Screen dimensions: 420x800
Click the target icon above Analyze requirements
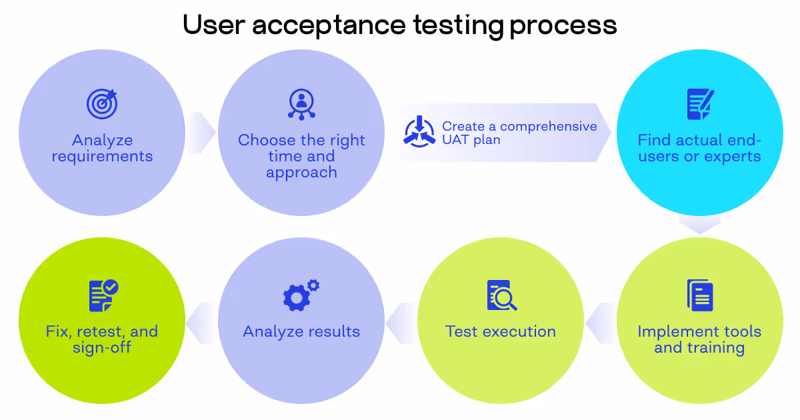(102, 104)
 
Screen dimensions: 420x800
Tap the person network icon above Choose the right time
(301, 104)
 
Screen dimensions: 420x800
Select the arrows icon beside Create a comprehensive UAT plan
(419, 131)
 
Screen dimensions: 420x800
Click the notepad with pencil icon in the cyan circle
(700, 104)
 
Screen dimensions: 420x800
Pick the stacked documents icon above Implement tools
(700, 295)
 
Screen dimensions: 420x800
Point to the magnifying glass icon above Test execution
(501, 295)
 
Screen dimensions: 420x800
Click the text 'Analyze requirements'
(102, 149)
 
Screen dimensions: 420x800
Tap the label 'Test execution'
(501, 331)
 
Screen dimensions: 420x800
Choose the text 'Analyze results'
(301, 331)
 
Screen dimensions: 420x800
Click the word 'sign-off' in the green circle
(102, 348)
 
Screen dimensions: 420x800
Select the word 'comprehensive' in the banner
(549, 127)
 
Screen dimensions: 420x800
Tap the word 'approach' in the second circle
(301, 173)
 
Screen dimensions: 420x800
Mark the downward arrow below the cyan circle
(699, 225)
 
